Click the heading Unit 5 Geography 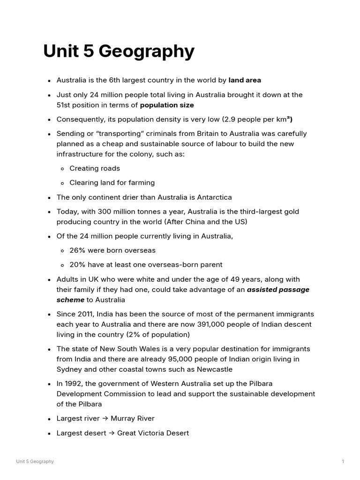(119, 52)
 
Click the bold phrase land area (245, 80)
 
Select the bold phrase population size (167, 105)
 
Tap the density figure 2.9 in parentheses (228, 119)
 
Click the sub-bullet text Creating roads (95, 168)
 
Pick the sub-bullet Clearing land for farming (112, 182)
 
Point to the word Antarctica (210, 197)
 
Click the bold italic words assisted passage (278, 290)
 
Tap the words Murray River (132, 418)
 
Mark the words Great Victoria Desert (153, 433)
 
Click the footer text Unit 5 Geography (35, 462)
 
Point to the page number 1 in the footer (343, 462)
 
